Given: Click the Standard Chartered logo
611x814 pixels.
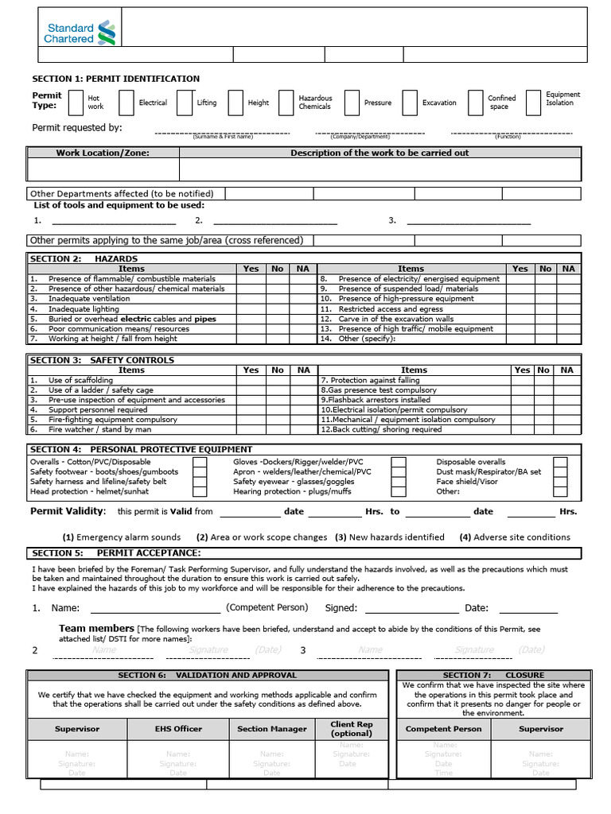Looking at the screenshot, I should pos(80,33).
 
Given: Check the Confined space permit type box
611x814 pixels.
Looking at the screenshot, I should pos(474,103).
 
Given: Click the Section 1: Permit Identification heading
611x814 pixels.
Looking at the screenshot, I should pos(115,79).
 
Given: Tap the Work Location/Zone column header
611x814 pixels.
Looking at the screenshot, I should pos(103,153).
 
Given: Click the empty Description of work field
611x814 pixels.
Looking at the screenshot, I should pos(379,169).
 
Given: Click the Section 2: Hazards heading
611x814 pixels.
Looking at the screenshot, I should pos(84,259).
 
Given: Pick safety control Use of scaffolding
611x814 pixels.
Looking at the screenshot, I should pos(80,381).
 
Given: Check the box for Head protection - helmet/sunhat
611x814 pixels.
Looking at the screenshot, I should pos(200,491).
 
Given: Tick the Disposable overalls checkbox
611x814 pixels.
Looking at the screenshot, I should pos(560,462).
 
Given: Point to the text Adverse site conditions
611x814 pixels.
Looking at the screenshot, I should pos(521,537).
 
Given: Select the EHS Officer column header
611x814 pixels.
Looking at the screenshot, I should pos(178,729).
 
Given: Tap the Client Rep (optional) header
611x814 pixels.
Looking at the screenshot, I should pos(352,729).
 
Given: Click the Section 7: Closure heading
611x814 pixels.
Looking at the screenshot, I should pos(493,675).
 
